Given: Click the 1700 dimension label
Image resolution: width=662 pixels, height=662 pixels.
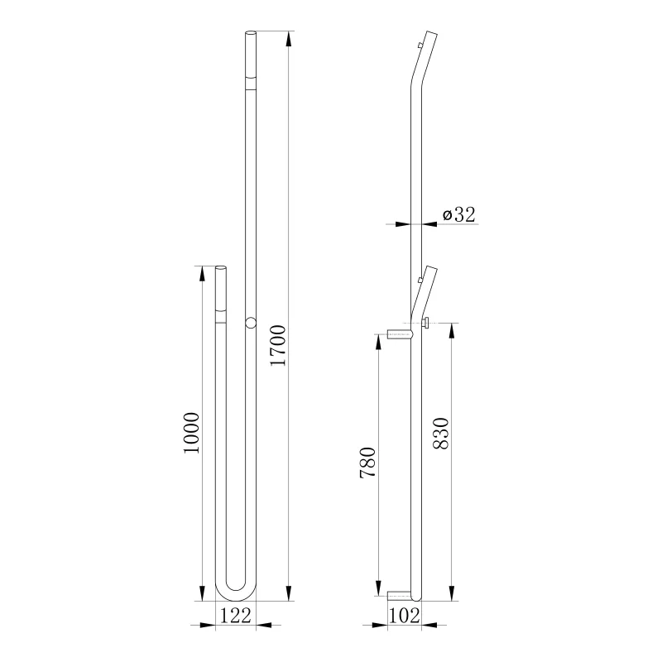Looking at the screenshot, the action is click(x=278, y=345).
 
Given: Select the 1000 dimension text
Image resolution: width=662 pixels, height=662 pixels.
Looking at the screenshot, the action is click(x=192, y=433).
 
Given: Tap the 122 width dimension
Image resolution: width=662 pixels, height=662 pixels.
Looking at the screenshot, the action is click(x=236, y=615).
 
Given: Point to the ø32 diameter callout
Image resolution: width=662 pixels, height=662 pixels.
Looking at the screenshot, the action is click(x=459, y=214).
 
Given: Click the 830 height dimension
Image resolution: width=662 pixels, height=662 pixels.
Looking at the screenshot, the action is click(x=441, y=433).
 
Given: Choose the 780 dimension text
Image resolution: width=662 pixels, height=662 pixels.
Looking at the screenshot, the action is click(x=367, y=463).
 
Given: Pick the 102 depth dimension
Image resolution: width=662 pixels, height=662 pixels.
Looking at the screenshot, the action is click(x=404, y=616).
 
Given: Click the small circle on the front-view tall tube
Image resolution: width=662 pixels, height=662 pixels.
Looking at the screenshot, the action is click(x=251, y=323).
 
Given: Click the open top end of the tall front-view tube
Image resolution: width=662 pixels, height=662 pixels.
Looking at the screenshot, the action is click(x=251, y=33).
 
